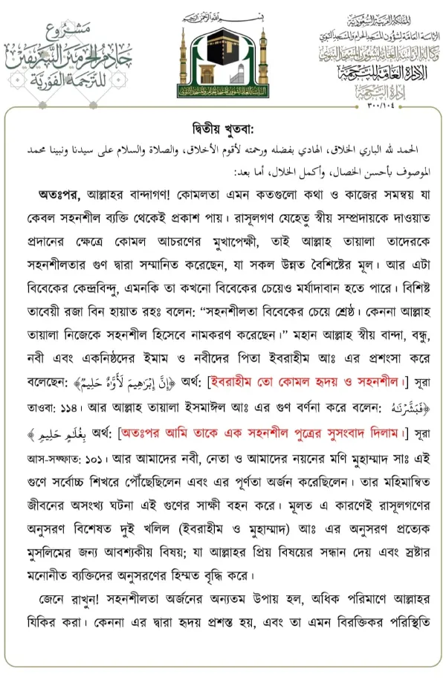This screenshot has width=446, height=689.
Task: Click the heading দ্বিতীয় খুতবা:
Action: pos(222,124)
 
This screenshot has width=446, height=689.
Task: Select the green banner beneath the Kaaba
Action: pos(222,91)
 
